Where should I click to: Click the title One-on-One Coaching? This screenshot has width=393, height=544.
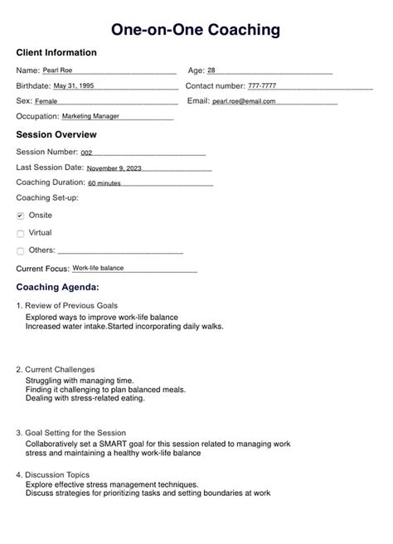[x=196, y=30]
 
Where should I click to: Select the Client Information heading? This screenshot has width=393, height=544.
[x=56, y=53]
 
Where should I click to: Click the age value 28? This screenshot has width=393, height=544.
[x=211, y=71]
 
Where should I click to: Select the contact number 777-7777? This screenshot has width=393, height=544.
[x=262, y=86]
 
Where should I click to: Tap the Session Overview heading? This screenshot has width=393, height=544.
[x=56, y=135]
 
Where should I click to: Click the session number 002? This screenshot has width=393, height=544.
[x=87, y=153]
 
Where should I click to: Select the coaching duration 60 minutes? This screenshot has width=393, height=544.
[x=104, y=183]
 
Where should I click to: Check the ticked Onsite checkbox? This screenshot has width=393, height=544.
[x=21, y=216]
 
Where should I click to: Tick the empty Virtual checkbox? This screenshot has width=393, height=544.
[x=21, y=234]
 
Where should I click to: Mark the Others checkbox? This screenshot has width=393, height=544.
[x=21, y=251]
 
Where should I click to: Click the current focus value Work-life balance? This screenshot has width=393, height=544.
[x=98, y=269]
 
